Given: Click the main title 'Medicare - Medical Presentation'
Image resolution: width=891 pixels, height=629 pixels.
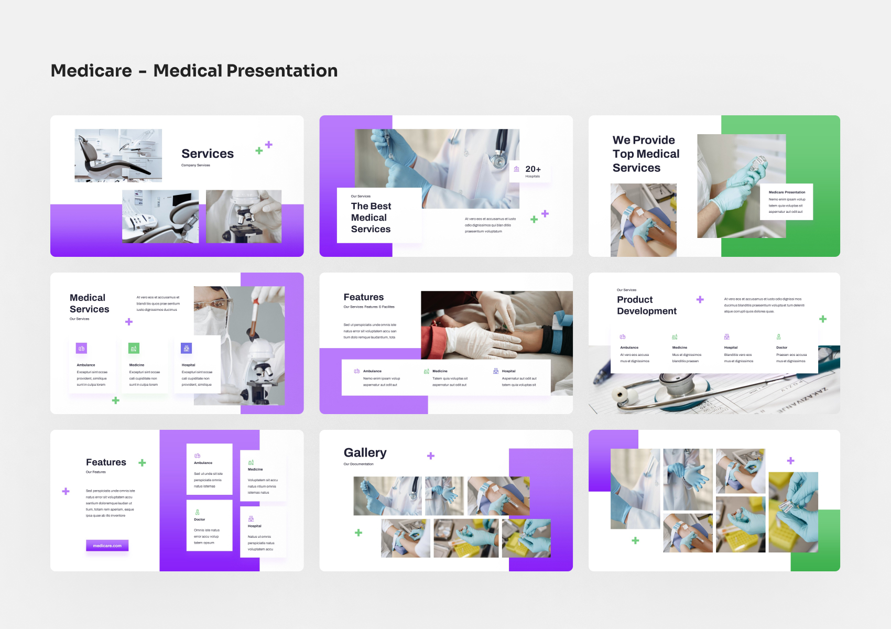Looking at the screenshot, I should point(194,71).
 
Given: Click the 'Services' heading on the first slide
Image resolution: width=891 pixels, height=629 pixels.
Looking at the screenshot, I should point(208,154).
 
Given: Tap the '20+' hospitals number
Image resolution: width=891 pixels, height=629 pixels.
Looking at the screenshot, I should point(533,169).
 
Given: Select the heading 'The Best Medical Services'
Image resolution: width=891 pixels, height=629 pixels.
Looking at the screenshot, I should point(371,218).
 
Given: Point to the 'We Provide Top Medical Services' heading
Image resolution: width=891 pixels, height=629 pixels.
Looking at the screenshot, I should point(646,154).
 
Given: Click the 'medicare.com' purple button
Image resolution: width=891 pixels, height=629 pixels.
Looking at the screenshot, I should point(107,546).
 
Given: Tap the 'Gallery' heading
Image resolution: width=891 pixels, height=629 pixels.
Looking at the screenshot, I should point(365,453).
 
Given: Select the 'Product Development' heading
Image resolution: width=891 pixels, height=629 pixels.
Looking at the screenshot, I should point(647,305).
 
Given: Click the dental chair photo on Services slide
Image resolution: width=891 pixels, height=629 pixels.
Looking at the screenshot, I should point(118,156).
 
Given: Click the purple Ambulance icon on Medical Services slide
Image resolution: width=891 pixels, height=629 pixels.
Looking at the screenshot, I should point(81,348).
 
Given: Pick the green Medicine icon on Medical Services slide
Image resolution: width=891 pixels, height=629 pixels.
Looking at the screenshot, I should point(134,348).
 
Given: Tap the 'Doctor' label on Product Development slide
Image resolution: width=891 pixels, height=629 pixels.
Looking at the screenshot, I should point(781,348).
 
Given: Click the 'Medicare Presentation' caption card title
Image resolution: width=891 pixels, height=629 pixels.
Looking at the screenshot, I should point(787,192).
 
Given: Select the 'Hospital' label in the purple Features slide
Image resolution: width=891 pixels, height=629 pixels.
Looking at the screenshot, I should point(255,526).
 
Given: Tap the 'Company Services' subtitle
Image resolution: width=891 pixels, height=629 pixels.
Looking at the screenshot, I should point(195,165).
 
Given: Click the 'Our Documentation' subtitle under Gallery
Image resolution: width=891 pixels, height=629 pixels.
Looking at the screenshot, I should point(358,464).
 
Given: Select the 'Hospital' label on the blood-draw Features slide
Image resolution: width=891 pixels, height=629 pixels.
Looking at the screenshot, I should point(508,371).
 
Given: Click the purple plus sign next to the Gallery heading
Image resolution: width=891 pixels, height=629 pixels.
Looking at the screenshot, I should point(431,456).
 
